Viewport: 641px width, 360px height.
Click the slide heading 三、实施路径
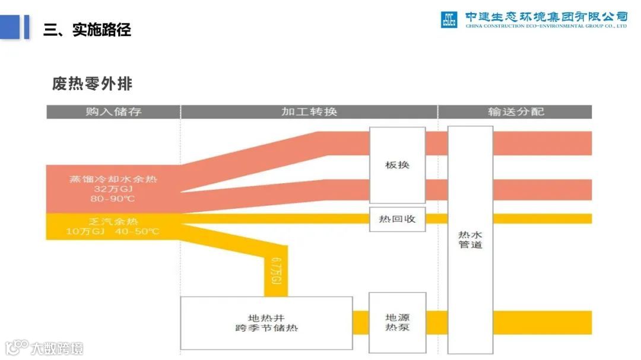click(x=87, y=30)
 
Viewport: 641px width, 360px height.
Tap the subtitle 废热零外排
click(x=92, y=84)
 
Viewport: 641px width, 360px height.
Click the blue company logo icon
click(x=449, y=20)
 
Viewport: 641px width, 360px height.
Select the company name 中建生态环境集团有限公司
click(x=546, y=16)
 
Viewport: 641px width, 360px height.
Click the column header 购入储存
click(x=113, y=111)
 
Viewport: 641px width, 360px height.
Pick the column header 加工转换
click(x=309, y=111)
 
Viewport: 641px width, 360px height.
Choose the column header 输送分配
click(x=515, y=111)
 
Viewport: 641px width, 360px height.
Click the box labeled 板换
click(x=397, y=165)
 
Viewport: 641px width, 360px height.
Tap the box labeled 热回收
click(x=397, y=219)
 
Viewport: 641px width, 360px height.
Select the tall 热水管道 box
click(x=470, y=239)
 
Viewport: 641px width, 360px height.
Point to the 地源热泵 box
click(x=397, y=322)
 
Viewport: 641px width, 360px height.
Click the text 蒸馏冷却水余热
click(x=113, y=179)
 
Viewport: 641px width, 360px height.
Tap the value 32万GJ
click(x=113, y=189)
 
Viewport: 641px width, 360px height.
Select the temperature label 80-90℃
click(x=113, y=199)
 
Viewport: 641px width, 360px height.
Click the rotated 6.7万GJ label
click(x=275, y=270)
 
